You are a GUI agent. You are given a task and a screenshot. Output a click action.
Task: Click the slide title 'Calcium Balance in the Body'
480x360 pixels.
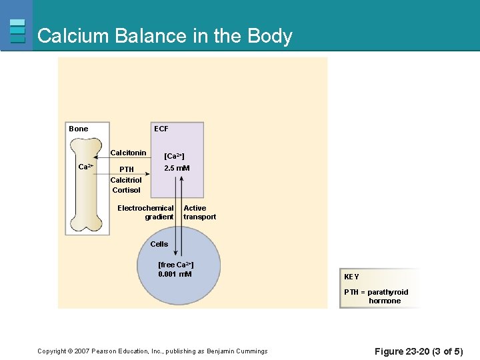coord(165,35)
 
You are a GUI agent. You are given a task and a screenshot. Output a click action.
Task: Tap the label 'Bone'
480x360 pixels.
coord(79,129)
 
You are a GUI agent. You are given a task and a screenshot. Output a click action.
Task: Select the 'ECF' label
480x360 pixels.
coord(161,129)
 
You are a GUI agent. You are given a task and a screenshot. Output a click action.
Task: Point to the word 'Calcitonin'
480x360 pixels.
coord(128,153)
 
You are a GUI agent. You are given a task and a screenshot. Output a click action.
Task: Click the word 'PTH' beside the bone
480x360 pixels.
coord(126,169)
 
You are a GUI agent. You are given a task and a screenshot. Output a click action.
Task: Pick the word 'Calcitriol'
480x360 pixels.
coord(126,180)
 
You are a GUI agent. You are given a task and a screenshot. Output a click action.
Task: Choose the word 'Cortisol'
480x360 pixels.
coord(126,190)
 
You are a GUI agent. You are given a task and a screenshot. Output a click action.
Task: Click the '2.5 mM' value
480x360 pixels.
coord(177,168)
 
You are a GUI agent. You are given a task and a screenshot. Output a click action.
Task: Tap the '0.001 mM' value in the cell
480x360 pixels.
coord(175,274)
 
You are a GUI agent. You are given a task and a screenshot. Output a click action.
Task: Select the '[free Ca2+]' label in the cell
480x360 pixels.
coord(176,265)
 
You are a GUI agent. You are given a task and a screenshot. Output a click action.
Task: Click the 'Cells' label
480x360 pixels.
coord(159,244)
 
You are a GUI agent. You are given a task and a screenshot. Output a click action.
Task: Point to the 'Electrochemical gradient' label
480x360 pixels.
coord(146,212)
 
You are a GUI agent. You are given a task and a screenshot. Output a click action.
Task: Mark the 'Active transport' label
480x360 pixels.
coord(199,212)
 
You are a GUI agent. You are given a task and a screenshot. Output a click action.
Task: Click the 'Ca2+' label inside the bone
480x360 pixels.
coord(86,167)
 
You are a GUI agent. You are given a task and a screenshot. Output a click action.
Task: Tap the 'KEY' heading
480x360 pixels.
coord(351,277)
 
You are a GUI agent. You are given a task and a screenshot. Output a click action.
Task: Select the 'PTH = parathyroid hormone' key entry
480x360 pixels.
coord(377,296)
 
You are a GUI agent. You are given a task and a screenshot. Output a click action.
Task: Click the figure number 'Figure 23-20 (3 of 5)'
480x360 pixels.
coord(418,351)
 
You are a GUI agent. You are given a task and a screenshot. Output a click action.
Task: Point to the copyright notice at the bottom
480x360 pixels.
coord(152,351)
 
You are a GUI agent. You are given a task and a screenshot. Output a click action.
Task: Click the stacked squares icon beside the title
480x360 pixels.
coord(17,31)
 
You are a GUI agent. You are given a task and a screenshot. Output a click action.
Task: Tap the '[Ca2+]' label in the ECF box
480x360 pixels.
coord(174,156)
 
